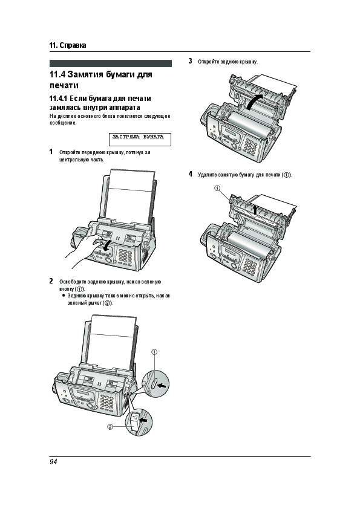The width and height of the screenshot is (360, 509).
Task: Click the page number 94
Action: [53, 462]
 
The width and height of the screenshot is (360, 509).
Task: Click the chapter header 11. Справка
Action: [68, 45]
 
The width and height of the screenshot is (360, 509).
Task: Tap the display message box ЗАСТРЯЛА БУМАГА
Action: [140, 139]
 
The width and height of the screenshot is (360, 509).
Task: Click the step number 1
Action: [51, 152]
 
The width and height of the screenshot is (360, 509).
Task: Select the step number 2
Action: [51, 281]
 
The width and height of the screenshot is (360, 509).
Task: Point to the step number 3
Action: [191, 60]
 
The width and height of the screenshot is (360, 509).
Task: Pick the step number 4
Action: [191, 174]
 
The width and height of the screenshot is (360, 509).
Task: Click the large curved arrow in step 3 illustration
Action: [254, 101]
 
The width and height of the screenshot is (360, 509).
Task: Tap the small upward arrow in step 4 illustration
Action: [255, 209]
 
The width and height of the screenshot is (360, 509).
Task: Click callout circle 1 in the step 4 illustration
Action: [217, 188]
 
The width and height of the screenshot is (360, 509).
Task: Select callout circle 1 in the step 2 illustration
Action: [155, 352]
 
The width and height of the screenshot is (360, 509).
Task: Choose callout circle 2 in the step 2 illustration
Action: [110, 427]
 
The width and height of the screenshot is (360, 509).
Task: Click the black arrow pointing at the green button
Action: [163, 385]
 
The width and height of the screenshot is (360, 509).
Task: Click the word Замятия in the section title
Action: [85, 74]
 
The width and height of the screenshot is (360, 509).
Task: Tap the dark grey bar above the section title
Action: [111, 63]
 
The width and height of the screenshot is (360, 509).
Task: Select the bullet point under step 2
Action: [64, 296]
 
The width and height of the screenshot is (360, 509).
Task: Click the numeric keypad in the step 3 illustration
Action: [250, 147]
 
